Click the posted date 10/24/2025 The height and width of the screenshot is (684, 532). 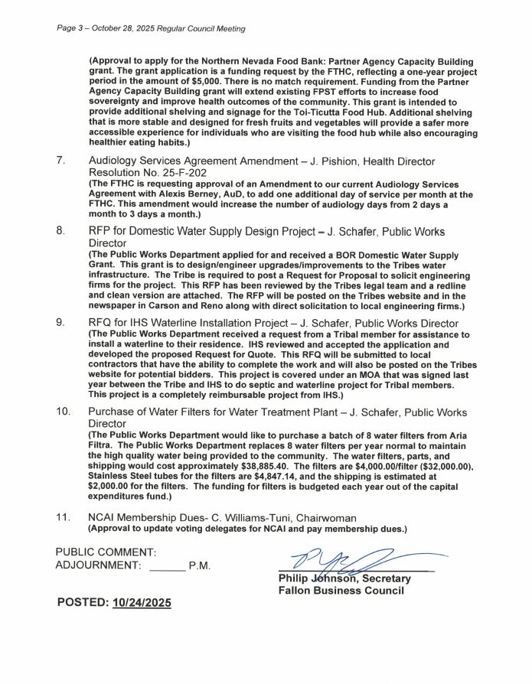click(142, 603)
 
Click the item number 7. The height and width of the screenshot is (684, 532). click(60, 162)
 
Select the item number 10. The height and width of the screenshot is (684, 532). click(64, 412)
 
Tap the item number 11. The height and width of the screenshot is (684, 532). click(64, 518)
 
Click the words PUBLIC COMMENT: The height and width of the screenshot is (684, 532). click(106, 551)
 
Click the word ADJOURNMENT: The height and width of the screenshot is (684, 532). click(99, 566)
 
